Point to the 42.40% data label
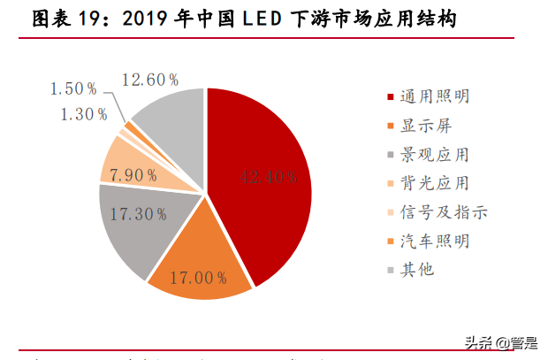pos(268,177)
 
